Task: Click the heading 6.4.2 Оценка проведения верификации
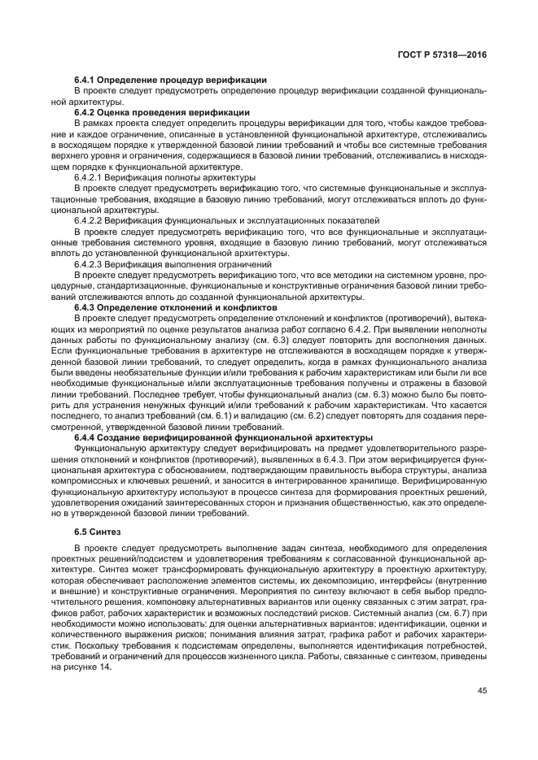coord(161,111)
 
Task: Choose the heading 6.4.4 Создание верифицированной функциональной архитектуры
coord(223,436)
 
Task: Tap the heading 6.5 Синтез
coord(96,532)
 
